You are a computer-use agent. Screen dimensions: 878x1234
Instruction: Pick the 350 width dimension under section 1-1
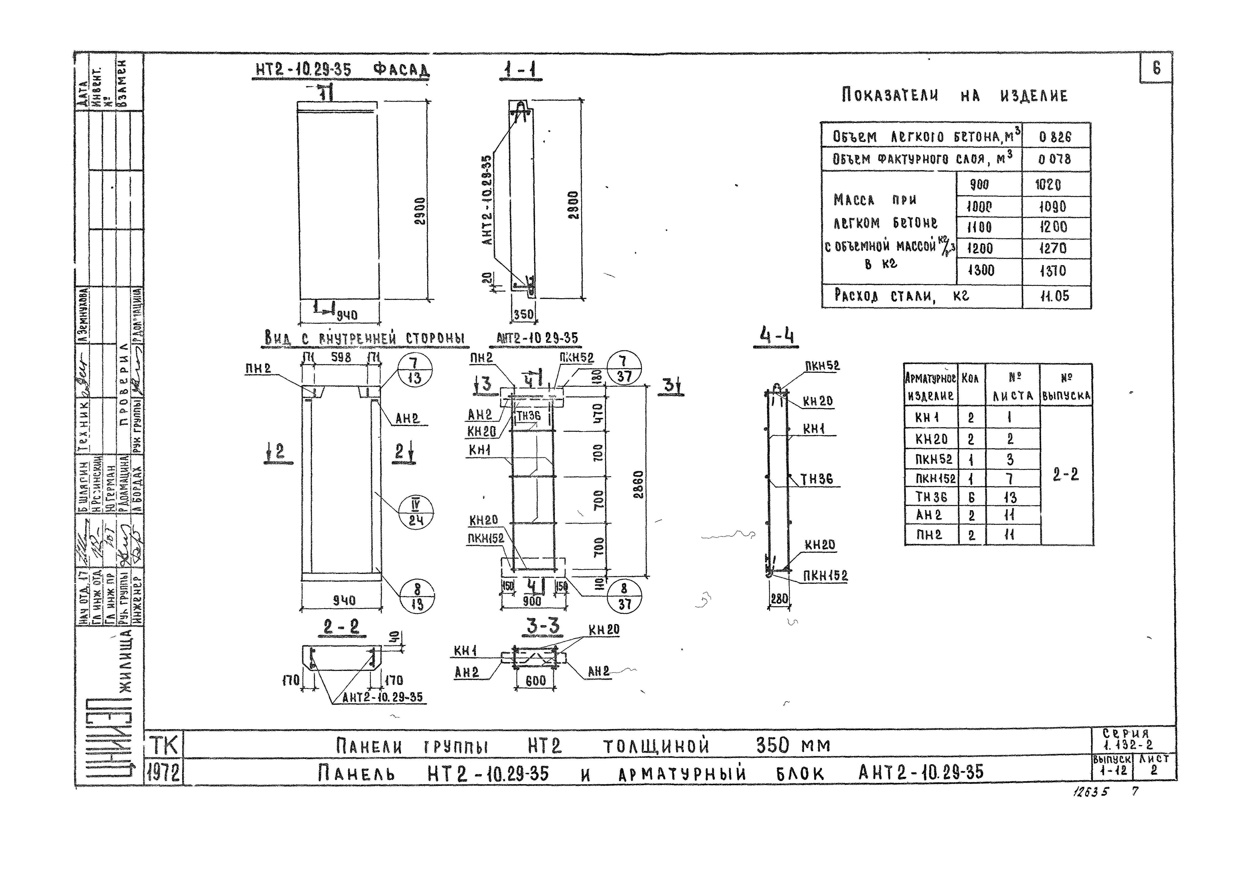[523, 314]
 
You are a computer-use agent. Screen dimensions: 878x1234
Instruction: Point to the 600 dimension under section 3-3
[535, 681]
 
